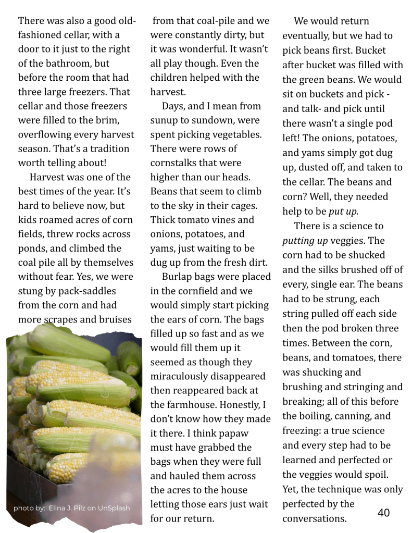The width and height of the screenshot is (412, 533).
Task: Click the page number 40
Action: pyautogui.click(x=383, y=513)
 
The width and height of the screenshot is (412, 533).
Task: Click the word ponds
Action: pyautogui.click(x=33, y=248)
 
